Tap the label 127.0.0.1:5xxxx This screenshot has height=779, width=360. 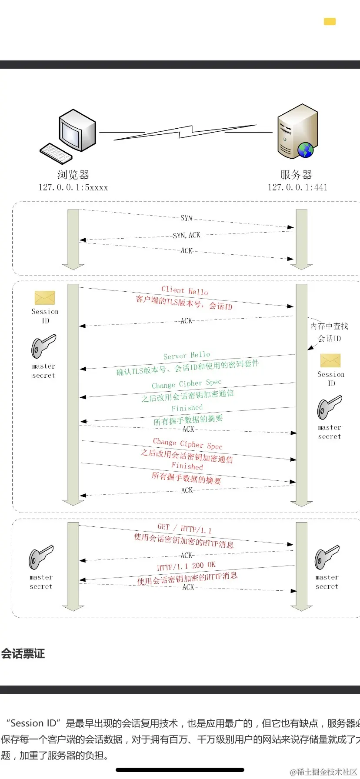tap(73, 187)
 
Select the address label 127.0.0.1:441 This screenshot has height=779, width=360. tap(297, 187)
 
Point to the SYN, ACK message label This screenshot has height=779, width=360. tap(187, 235)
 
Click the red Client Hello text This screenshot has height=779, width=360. tap(184, 290)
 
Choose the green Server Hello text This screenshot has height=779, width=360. tap(187, 356)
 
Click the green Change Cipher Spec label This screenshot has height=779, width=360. tap(187, 384)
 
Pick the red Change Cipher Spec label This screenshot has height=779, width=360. tap(187, 443)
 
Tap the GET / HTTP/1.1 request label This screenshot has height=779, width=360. tap(184, 528)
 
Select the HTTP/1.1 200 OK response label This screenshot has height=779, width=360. tap(186, 566)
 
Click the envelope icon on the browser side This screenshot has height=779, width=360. tap(45, 298)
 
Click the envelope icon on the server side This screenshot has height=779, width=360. tap(330, 360)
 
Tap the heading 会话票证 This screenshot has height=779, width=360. tap(23, 654)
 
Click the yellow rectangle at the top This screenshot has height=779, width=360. tap(330, 21)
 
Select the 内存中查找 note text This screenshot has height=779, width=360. tap(329, 326)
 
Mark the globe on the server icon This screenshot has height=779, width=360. tap(306, 150)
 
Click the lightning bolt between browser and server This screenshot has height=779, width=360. tap(185, 132)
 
